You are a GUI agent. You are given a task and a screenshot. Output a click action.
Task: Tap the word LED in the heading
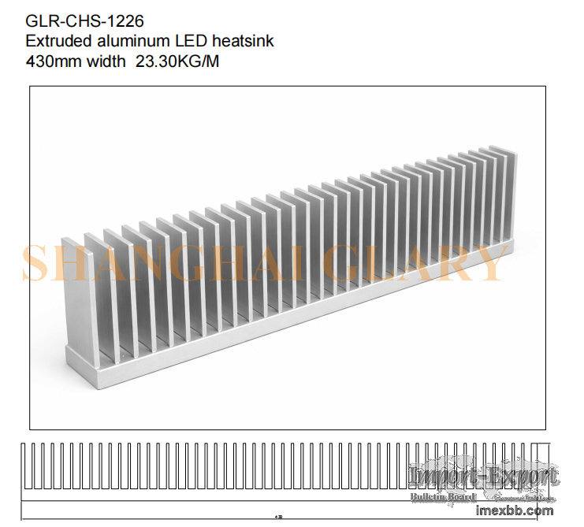[x=184, y=41]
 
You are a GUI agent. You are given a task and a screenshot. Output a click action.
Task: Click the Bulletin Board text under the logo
[x=443, y=497]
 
